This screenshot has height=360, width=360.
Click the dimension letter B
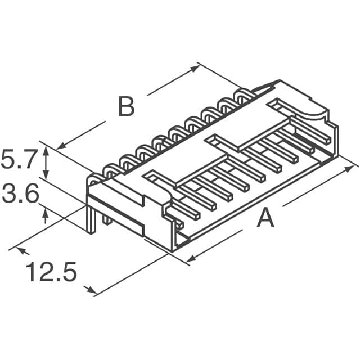pos(126,107)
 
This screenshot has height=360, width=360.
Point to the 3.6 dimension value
pos(19,195)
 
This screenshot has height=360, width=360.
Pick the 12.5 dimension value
pos(51,273)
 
